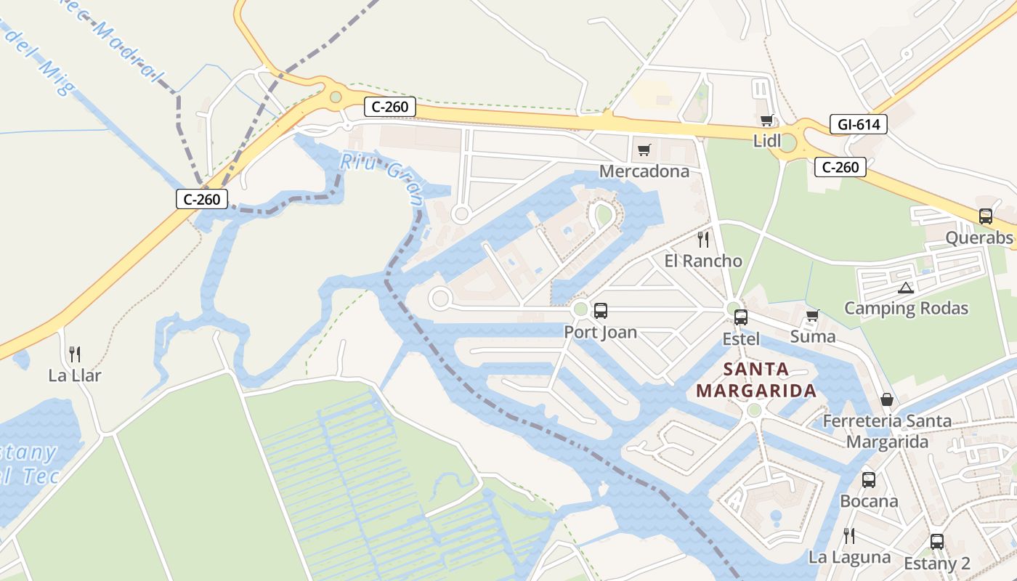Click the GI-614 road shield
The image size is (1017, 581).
(x=858, y=124)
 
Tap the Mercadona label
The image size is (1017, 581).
(x=644, y=171)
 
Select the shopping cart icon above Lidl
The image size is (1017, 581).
(x=766, y=121)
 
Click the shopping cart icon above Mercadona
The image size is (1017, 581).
(x=644, y=150)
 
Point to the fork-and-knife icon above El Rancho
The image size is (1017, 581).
(x=702, y=239)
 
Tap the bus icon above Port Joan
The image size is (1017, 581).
(x=600, y=311)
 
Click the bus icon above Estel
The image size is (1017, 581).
(x=740, y=317)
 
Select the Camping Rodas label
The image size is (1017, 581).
(x=906, y=308)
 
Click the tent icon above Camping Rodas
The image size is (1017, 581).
(x=905, y=288)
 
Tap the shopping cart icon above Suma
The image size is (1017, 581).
(x=812, y=316)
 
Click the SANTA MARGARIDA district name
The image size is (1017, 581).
(x=756, y=380)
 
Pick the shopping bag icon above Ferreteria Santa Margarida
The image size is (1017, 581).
(x=887, y=399)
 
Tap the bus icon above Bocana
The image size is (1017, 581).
(x=869, y=480)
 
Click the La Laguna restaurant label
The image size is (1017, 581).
(x=849, y=557)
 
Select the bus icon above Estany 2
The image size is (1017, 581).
(x=937, y=542)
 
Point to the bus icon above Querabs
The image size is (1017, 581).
(x=986, y=216)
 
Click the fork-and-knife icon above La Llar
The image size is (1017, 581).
(x=74, y=354)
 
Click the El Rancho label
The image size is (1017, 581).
(x=703, y=261)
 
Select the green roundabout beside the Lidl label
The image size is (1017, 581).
(x=787, y=142)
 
